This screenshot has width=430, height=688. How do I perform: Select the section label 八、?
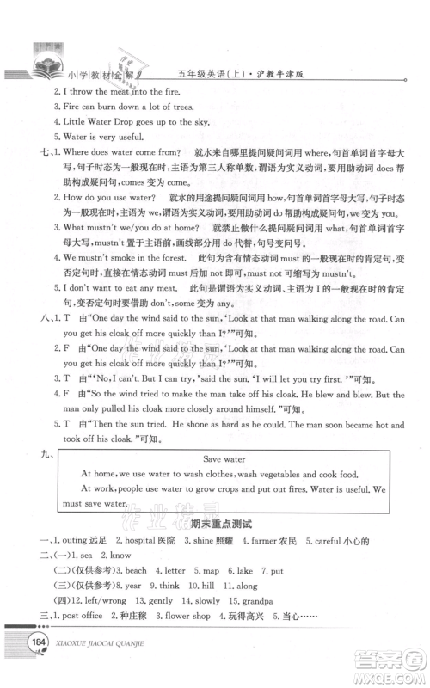[x=26, y=320]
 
